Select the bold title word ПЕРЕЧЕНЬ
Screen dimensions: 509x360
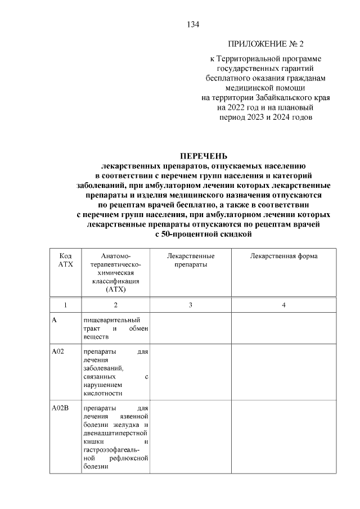tap(205, 156)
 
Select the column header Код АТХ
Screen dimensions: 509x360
tap(66, 260)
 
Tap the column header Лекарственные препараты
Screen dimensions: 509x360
tap(191, 260)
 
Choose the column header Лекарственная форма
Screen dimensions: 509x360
tap(283, 256)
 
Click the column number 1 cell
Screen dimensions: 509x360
tap(66, 305)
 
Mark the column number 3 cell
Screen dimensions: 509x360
tap(191, 305)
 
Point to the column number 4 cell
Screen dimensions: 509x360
tap(283, 305)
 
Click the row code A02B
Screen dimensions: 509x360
tap(60, 409)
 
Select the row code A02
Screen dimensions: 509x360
tap(58, 353)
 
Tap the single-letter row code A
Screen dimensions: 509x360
tap(55, 320)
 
